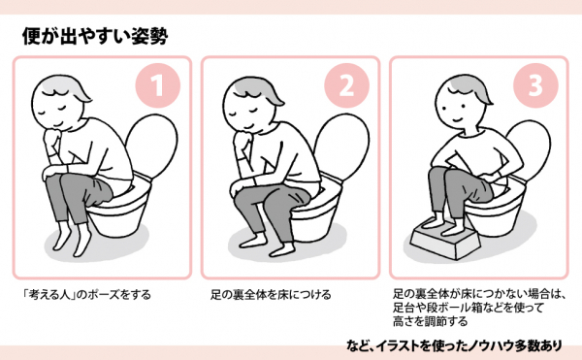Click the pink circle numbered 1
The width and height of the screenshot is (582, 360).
(158, 85)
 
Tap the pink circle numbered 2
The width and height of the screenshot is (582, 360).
(346, 85)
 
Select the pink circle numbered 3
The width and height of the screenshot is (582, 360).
(535, 85)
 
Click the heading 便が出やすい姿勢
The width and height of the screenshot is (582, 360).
(95, 36)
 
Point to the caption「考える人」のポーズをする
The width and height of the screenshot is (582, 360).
(86, 295)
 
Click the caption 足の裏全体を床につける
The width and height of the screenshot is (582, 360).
(271, 295)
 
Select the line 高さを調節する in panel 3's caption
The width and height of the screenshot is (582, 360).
(430, 321)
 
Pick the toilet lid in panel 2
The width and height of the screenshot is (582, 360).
(342, 146)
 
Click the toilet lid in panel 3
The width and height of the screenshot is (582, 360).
(531, 148)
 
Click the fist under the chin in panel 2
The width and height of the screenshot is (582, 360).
(242, 140)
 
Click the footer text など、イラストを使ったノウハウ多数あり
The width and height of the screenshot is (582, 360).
(454, 345)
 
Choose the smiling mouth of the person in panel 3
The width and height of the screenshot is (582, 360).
(457, 120)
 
